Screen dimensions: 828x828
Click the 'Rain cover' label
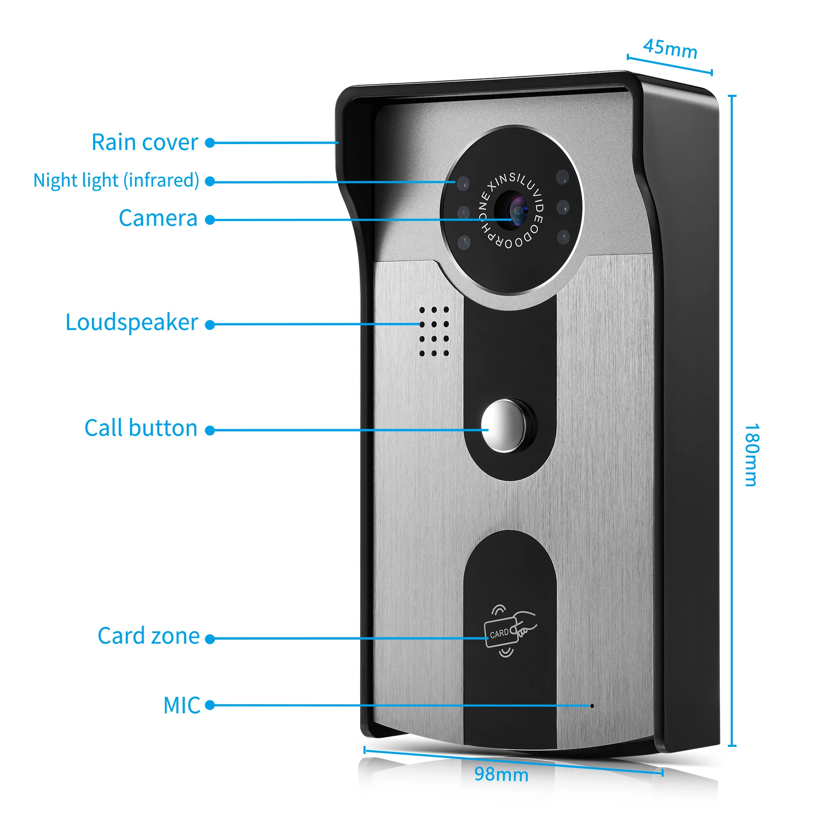point(145,142)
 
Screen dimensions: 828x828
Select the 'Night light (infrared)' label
point(116,181)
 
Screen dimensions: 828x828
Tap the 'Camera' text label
point(158,218)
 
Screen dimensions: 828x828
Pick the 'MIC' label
point(182,705)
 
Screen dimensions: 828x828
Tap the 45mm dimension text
point(670,49)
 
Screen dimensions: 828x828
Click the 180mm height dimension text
point(751,455)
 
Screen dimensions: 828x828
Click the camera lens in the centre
point(518,211)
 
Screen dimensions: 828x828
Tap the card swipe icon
point(509,631)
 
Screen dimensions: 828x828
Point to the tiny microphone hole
point(592,706)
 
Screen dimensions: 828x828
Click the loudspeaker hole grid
point(434,331)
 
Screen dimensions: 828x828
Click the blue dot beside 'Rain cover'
point(209,143)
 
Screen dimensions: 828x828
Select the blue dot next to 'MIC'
point(209,705)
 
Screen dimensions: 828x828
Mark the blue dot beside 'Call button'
point(209,430)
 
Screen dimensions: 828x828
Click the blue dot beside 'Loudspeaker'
point(209,325)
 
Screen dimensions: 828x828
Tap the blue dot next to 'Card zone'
point(209,639)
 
